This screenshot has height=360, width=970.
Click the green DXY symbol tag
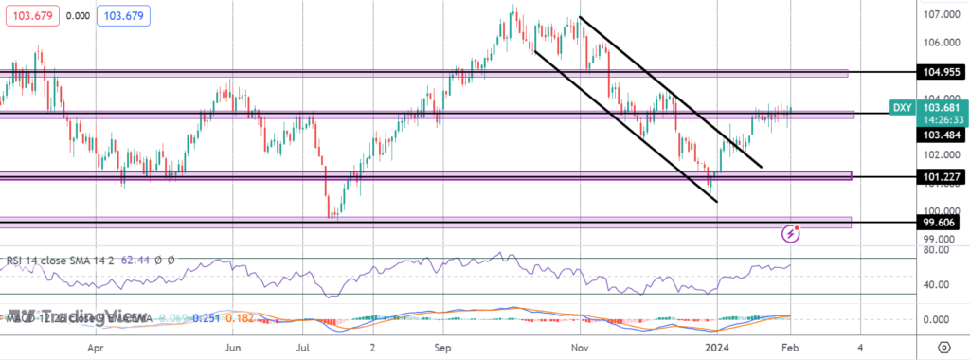[x=903, y=108]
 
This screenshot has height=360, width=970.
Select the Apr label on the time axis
[x=94, y=348]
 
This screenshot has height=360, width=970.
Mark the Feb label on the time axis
[x=789, y=348]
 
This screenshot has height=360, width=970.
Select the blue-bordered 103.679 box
[x=124, y=16]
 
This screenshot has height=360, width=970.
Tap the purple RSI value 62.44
[x=128, y=259]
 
